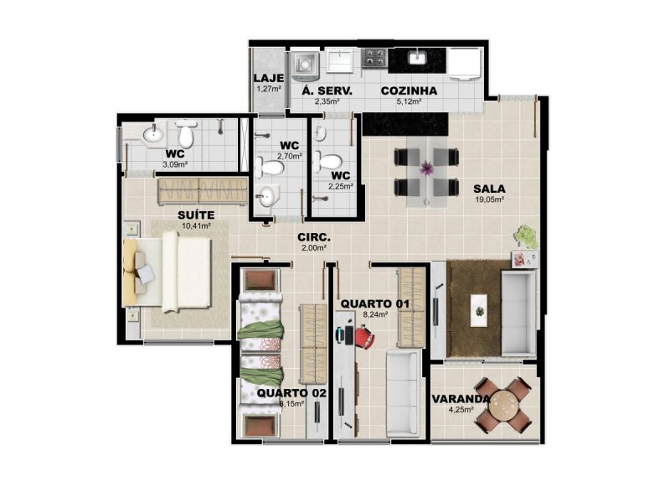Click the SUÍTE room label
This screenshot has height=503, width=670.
click(x=196, y=215)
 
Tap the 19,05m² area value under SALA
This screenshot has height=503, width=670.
click(x=490, y=200)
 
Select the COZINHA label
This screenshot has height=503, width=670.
click(x=409, y=91)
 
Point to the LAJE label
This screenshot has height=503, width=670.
click(x=268, y=78)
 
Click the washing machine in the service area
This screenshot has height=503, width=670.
click(x=306, y=66)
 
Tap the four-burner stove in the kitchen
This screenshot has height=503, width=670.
click(x=374, y=58)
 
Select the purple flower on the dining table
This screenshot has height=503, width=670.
click(x=427, y=168)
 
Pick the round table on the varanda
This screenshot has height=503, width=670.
click(x=503, y=405)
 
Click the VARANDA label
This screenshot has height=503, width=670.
click(x=461, y=399)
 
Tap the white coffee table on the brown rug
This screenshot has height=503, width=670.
click(x=479, y=310)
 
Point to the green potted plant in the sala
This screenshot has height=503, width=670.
click(x=527, y=236)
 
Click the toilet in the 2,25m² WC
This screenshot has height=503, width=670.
click(x=328, y=162)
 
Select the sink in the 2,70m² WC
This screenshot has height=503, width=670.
click(x=267, y=197)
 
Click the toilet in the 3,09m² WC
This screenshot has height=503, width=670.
click(x=186, y=133)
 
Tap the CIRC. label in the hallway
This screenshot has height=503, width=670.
click(x=313, y=237)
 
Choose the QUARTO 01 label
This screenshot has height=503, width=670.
click(x=374, y=304)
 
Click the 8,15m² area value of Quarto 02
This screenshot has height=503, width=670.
click(x=292, y=403)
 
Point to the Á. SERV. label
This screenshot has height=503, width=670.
click(x=327, y=91)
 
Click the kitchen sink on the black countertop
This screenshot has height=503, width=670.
click(x=415, y=57)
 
